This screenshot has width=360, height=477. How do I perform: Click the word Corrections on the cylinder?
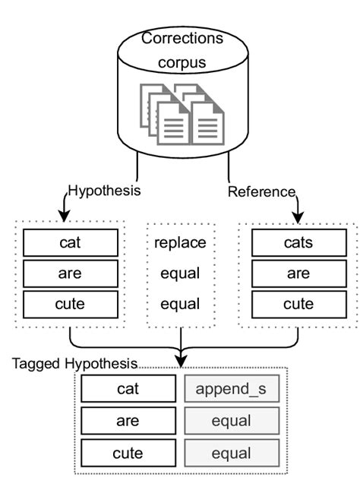182,38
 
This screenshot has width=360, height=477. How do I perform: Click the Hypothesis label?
105,191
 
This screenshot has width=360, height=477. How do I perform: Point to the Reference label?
261,192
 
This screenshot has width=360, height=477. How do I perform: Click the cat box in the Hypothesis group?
70,243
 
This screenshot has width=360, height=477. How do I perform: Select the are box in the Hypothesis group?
70,273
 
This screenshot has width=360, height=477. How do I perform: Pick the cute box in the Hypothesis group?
70,304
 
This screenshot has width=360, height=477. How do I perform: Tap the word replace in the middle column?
181,244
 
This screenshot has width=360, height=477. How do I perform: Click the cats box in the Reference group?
298,243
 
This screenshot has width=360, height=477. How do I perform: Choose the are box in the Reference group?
298,273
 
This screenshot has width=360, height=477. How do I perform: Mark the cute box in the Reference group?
298,304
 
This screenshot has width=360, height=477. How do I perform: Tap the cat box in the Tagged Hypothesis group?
128,389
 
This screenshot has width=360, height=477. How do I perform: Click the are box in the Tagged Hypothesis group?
128,422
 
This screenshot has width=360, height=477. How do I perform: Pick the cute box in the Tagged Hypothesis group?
128,453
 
